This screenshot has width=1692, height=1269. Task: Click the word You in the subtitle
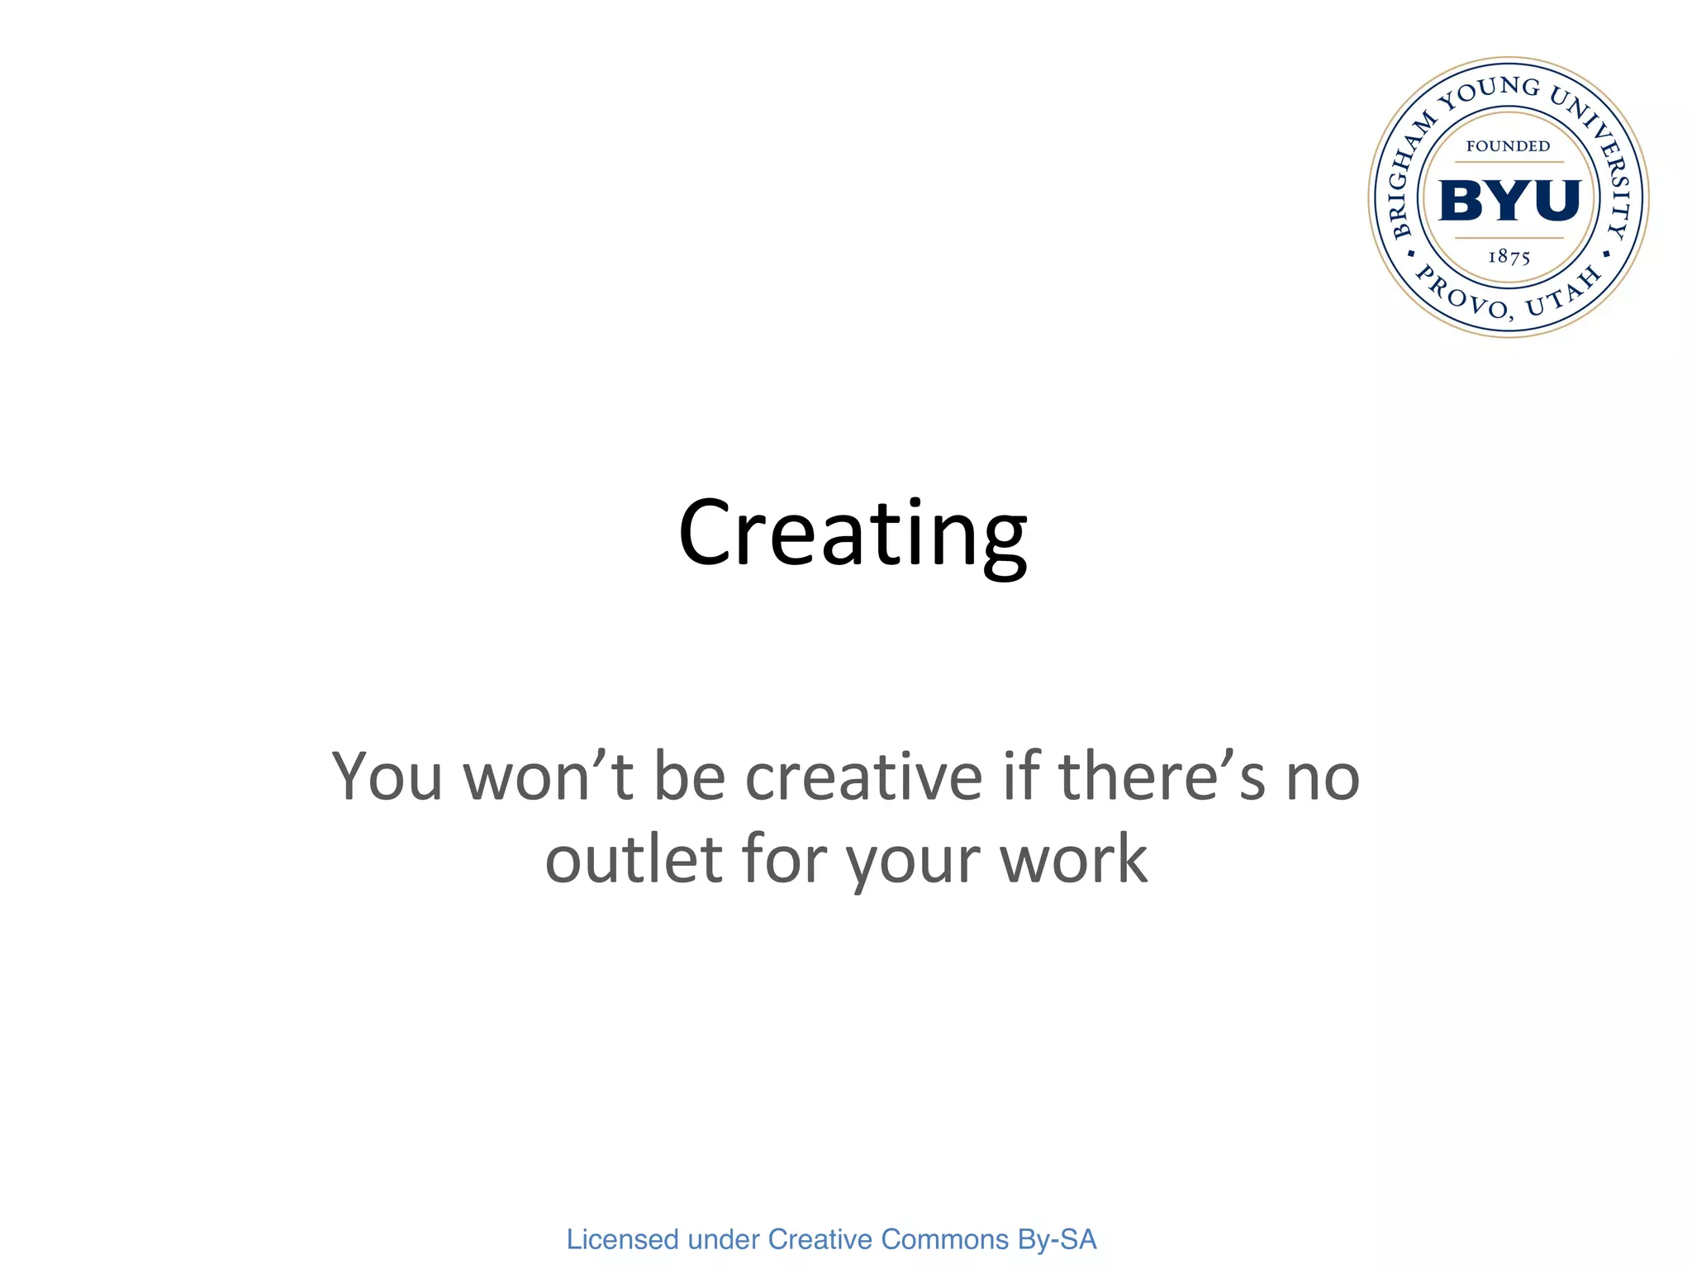click(x=387, y=777)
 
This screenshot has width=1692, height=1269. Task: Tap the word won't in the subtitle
click(x=548, y=777)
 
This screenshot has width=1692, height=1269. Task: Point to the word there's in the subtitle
click(x=1162, y=777)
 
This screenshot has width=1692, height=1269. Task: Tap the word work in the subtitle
click(x=1073, y=859)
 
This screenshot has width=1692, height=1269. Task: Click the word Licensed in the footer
click(x=622, y=1239)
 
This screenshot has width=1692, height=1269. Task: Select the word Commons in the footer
click(x=945, y=1239)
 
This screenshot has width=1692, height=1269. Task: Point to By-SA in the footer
click(x=1057, y=1239)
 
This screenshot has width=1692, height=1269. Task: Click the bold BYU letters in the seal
click(x=1509, y=201)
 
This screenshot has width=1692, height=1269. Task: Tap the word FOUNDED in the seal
click(x=1508, y=146)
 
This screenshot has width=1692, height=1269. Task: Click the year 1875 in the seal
click(x=1509, y=257)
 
